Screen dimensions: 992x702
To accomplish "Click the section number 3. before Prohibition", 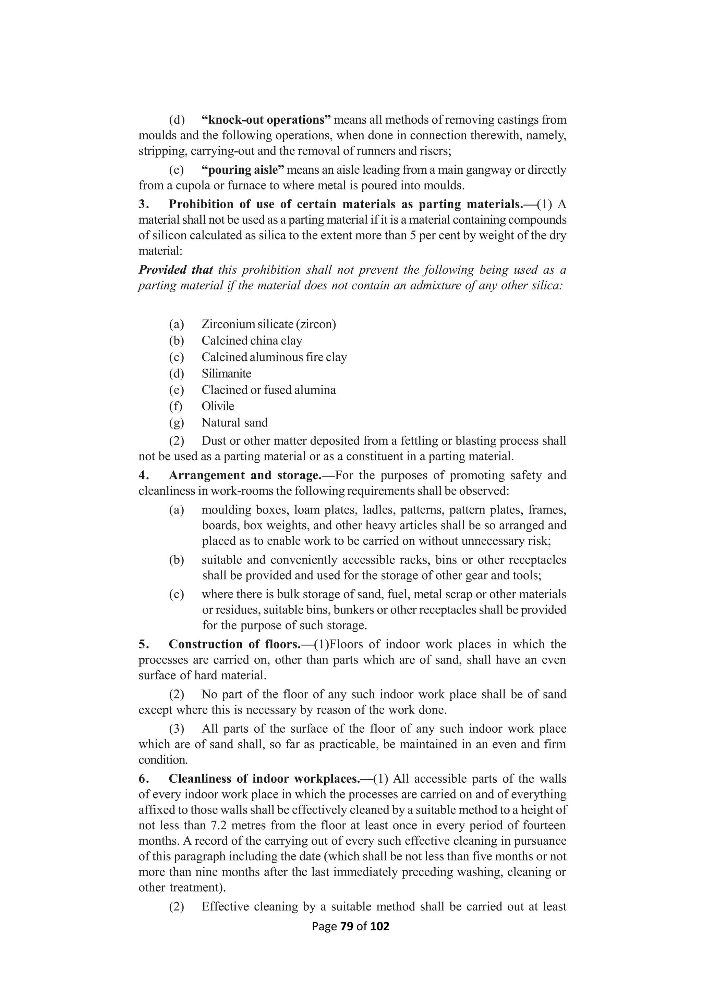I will point(144,204).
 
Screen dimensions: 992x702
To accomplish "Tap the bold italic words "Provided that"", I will point(175,270).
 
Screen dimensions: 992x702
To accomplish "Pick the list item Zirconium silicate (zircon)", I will point(268,324).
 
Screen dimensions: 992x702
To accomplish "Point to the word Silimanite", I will point(226,373).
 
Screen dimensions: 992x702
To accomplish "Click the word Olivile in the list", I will point(218,406).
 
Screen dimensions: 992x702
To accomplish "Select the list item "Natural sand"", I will point(235,423).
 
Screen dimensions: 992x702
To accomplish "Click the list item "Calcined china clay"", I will point(252,340).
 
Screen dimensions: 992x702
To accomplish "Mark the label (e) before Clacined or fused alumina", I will point(177,390).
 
